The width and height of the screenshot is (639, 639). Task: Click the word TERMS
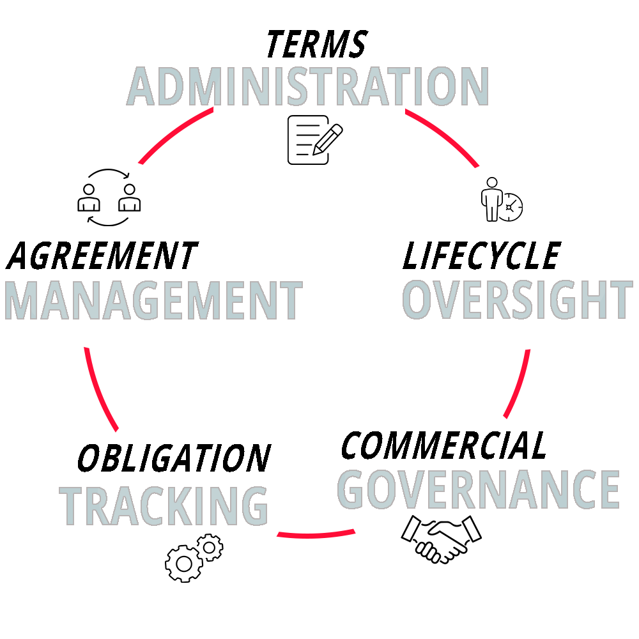pyautogui.click(x=316, y=44)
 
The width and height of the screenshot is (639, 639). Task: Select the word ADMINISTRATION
pyautogui.click(x=308, y=87)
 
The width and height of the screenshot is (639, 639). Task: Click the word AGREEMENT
pyautogui.click(x=102, y=256)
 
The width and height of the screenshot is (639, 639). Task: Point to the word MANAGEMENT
pyautogui.click(x=153, y=300)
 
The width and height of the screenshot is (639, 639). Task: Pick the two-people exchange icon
pyautogui.click(x=109, y=197)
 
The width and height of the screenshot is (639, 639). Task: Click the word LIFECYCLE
pyautogui.click(x=481, y=256)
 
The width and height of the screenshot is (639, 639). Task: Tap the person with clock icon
pyautogui.click(x=502, y=199)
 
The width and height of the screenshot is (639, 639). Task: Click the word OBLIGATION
pyautogui.click(x=174, y=458)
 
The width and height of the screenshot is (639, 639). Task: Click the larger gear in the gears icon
pyautogui.click(x=183, y=563)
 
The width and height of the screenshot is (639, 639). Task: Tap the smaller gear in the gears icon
pyautogui.click(x=209, y=547)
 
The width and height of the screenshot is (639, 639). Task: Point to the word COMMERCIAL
pyautogui.click(x=444, y=445)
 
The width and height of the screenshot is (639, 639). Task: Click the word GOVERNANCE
pyautogui.click(x=479, y=489)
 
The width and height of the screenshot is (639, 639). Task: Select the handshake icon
pyautogui.click(x=441, y=539)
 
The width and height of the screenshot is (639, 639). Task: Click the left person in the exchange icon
pyautogui.click(x=89, y=198)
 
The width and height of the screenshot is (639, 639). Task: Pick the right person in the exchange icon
pyautogui.click(x=129, y=198)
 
